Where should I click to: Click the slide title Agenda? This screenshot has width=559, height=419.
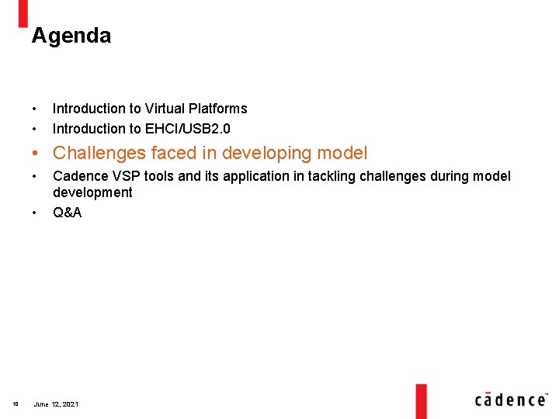[71, 36]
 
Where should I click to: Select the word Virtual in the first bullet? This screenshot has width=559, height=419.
[164, 109]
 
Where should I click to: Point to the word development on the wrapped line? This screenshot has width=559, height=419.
[92, 192]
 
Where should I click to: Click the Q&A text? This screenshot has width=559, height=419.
[67, 213]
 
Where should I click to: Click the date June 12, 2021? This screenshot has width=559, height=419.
[56, 404]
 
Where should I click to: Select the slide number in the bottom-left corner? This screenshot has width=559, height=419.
[16, 404]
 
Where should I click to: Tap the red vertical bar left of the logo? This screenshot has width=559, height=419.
[421, 400]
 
